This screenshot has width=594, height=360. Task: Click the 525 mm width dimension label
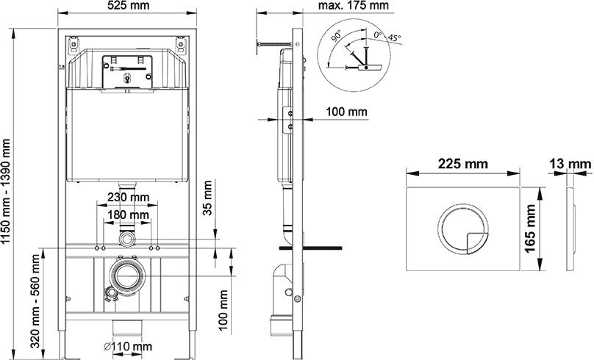[127, 5]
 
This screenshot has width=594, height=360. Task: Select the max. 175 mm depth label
[353, 5]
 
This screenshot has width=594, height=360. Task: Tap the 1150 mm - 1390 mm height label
[6, 192]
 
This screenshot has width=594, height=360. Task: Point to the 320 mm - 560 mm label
[35, 301]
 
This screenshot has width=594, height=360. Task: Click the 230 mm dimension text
[129, 197]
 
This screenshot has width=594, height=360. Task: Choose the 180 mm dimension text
[129, 215]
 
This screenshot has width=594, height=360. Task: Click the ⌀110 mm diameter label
[128, 346]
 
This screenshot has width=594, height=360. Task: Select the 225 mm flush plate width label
[463, 164]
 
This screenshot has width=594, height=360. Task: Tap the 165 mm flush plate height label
[530, 228]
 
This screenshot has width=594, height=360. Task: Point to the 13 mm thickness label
[570, 164]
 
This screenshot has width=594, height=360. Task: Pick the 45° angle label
[394, 38]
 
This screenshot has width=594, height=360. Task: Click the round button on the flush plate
[463, 229]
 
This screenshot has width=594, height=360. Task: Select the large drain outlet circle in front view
[127, 276]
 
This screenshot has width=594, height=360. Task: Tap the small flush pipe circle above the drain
[127, 240]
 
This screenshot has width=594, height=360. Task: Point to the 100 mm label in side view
[347, 112]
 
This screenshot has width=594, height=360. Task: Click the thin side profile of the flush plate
[570, 228]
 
